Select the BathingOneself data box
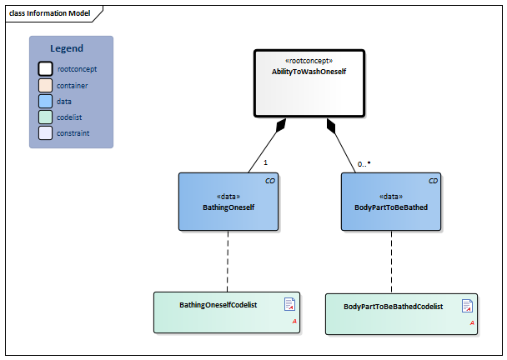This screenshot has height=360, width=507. tap(228, 202)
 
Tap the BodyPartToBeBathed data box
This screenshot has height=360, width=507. tap(391, 202)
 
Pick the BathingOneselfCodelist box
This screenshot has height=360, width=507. tap(226, 312)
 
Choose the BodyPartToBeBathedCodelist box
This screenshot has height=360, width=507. tap(401, 314)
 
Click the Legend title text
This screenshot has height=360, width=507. tap(67, 49)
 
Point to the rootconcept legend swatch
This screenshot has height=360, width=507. tap(45, 69)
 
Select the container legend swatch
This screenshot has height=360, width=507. tap(45, 85)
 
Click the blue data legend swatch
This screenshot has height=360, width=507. tap(45, 101)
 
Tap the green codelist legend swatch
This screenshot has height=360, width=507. tap(45, 117)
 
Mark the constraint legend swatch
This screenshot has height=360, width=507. tap(45, 132)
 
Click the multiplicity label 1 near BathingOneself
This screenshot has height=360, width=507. tap(265, 162)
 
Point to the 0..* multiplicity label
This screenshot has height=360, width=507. tap(364, 164)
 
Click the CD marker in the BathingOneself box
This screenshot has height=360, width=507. tap(269, 180)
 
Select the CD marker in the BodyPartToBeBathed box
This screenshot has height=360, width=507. tap(433, 180)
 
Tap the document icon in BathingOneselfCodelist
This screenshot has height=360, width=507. tap(289, 304)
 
